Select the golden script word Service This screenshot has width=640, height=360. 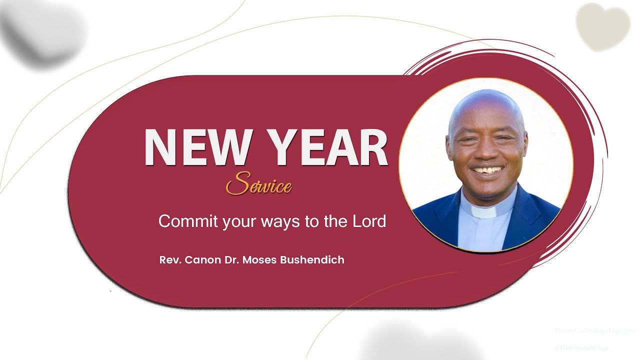point(258,185)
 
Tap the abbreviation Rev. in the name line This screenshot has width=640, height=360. point(170,260)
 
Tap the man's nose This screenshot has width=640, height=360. point(485,152)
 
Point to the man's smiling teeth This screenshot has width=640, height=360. point(487,170)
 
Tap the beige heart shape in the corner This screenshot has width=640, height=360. point(602,25)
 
